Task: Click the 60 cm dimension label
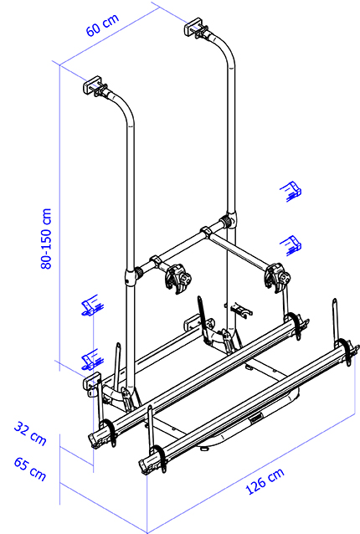click(x=102, y=25)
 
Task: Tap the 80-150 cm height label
click(x=46, y=239)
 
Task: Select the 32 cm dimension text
click(x=30, y=434)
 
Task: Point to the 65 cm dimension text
click(x=30, y=470)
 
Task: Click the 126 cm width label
click(x=265, y=481)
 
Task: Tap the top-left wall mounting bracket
click(x=92, y=85)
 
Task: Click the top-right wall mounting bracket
click(x=193, y=27)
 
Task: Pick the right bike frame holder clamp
click(x=278, y=277)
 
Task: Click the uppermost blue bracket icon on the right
click(x=291, y=192)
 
